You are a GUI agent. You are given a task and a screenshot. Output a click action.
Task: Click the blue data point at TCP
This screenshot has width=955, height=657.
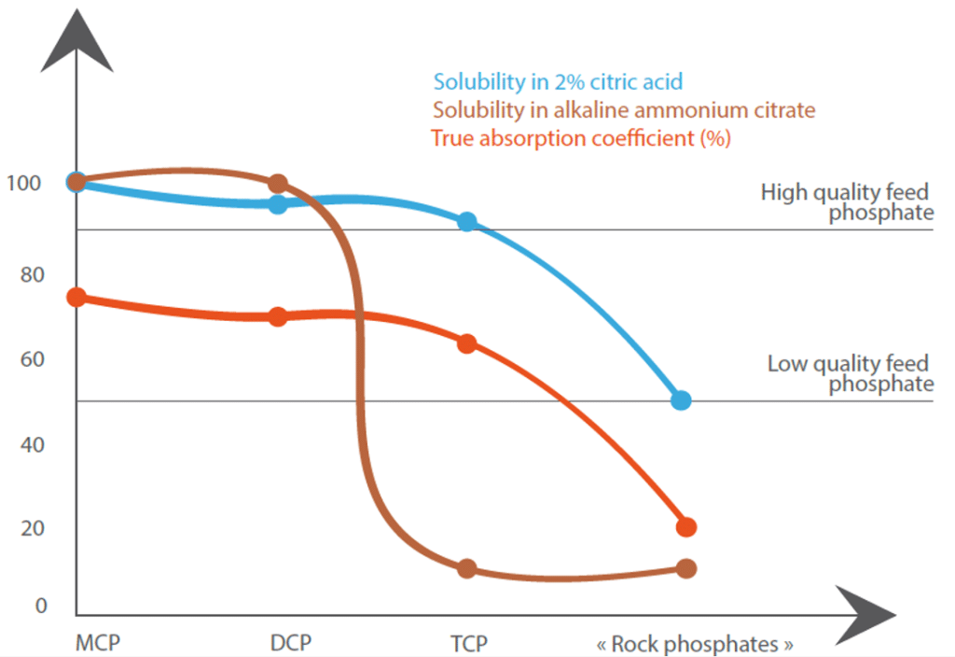[467, 222]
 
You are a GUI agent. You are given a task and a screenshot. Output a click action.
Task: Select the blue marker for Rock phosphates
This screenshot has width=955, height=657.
[681, 400]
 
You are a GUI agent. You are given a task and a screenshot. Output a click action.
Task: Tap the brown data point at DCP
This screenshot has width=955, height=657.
[277, 184]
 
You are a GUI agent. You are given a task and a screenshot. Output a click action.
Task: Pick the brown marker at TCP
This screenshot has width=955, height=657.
[467, 569]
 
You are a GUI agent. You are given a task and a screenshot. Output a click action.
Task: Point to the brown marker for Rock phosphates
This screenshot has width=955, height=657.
[685, 568]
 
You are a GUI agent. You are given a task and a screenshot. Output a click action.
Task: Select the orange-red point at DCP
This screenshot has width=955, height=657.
[277, 317]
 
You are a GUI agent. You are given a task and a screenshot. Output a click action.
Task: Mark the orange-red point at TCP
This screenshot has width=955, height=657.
[467, 343]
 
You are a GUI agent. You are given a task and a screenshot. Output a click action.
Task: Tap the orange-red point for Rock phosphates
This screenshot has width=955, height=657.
[685, 527]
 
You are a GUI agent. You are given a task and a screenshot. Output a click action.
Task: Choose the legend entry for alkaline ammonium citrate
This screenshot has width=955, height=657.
[624, 110]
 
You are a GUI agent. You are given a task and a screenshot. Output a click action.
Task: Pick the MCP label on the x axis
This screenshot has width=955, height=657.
[99, 643]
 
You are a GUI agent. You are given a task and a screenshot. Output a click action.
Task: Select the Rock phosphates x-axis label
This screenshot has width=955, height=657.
[695, 644]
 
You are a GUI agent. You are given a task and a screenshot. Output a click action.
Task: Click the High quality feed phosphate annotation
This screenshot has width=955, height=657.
[847, 203]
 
